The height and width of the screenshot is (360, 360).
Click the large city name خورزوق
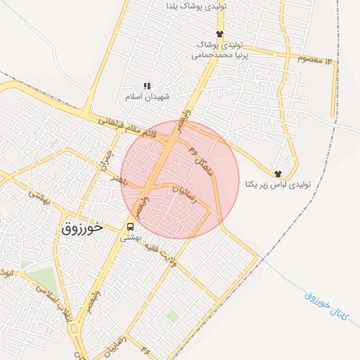[82, 228]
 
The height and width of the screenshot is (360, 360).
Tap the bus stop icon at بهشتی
[130, 226]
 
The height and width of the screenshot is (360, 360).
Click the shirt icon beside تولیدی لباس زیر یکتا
[278, 173]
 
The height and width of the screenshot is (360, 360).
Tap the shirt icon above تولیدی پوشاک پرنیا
[219, 34]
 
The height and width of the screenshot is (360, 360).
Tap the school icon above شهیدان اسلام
[147, 86]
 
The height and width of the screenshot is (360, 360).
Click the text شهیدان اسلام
[146, 96]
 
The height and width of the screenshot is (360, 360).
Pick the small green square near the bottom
[172, 316]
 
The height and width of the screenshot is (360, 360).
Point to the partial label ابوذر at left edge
[6, 271]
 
